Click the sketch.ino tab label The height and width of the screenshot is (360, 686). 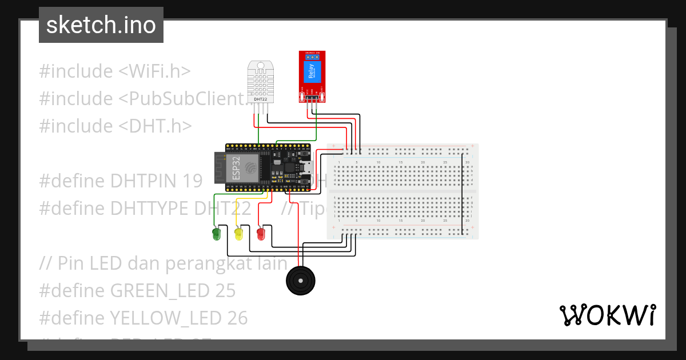pos(101,25)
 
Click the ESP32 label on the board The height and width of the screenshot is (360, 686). pos(236,167)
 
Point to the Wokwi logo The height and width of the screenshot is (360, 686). pos(607,315)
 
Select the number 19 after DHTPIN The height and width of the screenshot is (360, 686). pos(193,181)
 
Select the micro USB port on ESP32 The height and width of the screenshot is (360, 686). pos(306,167)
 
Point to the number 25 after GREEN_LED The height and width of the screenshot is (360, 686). pos(225,290)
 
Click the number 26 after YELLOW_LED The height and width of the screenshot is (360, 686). pos(237,318)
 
